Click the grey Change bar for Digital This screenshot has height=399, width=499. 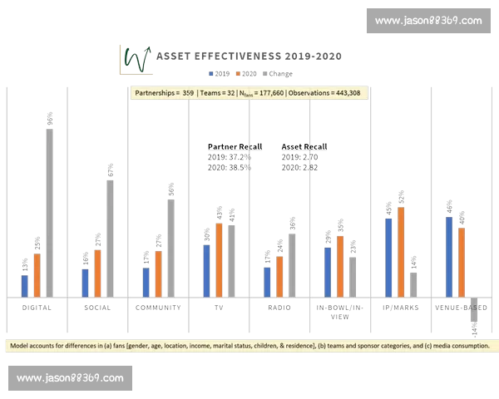[49, 213]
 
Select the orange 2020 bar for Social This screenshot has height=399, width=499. [97, 273]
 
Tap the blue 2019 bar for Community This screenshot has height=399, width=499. [146, 282]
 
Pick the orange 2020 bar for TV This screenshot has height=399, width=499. [219, 259]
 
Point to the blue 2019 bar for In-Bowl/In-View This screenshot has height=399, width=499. [328, 272]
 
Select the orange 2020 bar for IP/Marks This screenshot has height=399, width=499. [401, 252]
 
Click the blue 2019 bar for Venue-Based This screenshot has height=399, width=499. [449, 257]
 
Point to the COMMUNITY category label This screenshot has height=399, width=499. [158, 308]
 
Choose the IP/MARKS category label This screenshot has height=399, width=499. [401, 308]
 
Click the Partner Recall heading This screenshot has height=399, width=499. [229, 147]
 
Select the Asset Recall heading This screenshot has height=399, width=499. [304, 147]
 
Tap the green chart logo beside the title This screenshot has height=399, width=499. [135, 57]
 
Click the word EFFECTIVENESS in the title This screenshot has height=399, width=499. [235, 57]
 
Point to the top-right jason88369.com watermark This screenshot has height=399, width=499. [427, 21]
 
